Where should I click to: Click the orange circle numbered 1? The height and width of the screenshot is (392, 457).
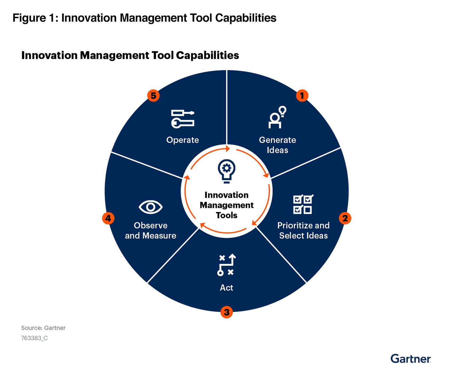tap(302, 96)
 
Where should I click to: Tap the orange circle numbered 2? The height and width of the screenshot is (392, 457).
tap(345, 218)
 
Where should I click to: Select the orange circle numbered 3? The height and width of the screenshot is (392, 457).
tap(226, 312)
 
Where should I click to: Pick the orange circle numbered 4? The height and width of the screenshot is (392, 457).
tap(108, 218)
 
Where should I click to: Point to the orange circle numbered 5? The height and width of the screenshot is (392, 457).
tap(153, 96)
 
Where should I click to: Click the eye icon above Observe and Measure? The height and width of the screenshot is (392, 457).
tap(150, 207)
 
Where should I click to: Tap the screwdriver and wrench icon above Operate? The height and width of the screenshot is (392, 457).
tap(183, 119)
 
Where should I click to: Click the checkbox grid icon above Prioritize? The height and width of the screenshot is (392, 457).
tap(303, 204)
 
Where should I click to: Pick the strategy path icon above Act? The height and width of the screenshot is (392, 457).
tap(226, 265)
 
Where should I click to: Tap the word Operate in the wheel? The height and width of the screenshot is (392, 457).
tap(183, 140)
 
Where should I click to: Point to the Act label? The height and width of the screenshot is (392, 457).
tap(226, 288)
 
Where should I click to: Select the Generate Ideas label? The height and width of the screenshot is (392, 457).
tap(277, 145)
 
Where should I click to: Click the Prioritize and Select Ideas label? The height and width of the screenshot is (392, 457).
tap(303, 230)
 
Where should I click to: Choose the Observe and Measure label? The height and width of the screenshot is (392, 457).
tap(150, 230)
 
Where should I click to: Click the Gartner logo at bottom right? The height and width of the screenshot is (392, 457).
tap(410, 359)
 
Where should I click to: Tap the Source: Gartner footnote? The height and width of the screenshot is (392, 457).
tap(43, 328)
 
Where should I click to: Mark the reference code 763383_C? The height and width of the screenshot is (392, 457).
tap(34, 338)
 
